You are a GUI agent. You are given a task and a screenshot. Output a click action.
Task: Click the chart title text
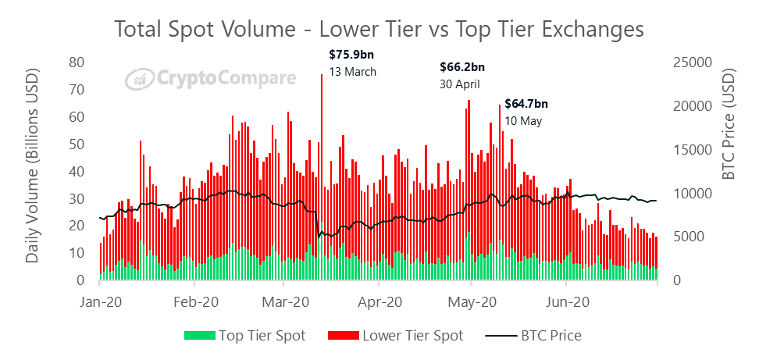click(379, 29)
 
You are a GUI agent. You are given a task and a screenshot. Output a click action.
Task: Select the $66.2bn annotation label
click(463, 67)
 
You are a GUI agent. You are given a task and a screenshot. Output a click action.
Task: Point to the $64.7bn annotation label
click(526, 103)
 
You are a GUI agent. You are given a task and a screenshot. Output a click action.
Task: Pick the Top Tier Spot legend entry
click(245, 336)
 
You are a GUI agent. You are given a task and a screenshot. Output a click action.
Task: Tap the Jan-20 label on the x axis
click(100, 301)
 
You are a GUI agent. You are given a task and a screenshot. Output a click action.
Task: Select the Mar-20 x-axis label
click(287, 301)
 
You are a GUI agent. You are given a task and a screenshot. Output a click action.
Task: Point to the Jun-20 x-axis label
click(566, 301)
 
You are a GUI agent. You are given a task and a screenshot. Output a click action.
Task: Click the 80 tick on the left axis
click(77, 62)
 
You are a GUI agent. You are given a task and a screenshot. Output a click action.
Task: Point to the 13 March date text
click(353, 72)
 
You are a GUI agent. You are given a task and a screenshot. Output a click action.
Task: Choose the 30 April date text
click(460, 84)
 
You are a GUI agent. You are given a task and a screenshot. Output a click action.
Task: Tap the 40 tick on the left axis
click(77, 171)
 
